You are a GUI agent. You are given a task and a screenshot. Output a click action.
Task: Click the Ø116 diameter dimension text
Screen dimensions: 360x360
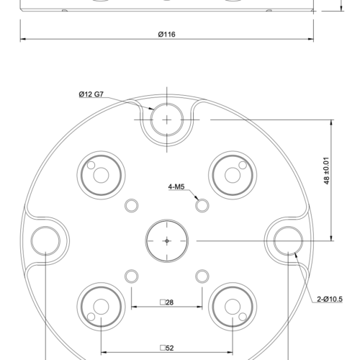(166, 34)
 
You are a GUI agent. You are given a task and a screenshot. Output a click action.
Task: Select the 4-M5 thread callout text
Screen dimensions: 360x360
(177, 186)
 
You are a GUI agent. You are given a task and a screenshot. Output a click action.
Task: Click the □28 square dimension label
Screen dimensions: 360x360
(166, 302)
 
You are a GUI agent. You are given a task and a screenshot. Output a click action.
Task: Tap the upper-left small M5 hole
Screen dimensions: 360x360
(131, 205)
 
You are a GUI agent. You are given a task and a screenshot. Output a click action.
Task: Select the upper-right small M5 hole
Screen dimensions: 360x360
(202, 205)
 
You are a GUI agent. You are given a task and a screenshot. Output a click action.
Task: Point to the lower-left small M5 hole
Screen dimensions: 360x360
(131, 275)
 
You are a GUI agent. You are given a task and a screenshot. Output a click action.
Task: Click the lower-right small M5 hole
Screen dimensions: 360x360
(202, 275)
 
